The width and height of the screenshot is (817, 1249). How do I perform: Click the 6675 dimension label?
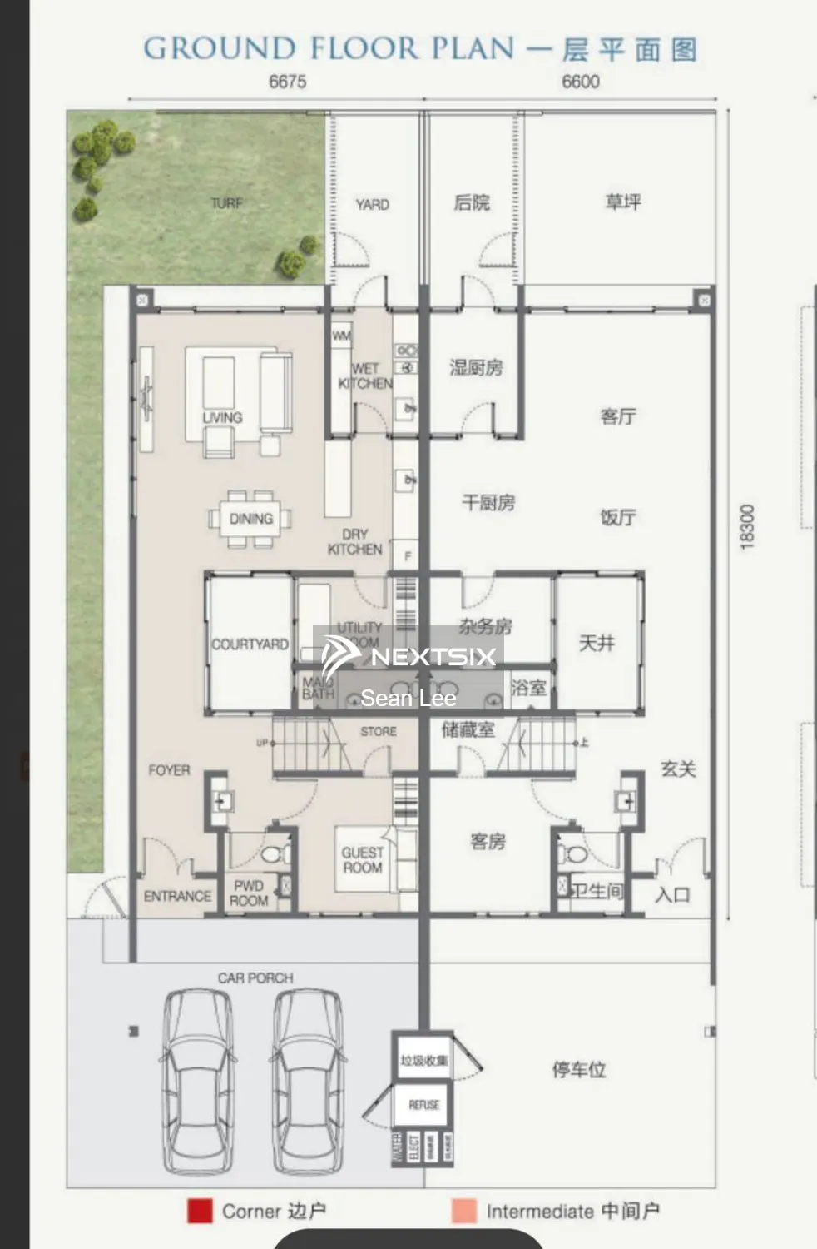(287, 82)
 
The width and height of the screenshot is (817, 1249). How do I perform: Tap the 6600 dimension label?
(580, 82)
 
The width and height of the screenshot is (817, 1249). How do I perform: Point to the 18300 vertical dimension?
(746, 525)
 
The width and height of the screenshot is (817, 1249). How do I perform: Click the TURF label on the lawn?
(226, 203)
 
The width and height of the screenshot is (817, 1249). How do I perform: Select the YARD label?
(372, 204)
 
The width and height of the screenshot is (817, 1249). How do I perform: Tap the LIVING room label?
(222, 417)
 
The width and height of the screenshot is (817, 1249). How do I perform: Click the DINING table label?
(250, 519)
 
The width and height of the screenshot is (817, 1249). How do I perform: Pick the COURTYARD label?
(250, 644)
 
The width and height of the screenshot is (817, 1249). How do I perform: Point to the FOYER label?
(169, 770)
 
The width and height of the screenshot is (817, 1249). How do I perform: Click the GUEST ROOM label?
(362, 860)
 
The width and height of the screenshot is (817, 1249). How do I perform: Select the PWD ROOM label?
(249, 893)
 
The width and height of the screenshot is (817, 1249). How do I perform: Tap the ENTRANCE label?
(177, 896)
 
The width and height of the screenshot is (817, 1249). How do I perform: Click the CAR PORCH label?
(255, 978)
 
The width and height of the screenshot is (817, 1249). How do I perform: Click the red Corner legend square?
(200, 1211)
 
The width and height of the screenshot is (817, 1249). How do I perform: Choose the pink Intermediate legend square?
(463, 1211)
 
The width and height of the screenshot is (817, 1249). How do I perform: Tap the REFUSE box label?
(423, 1105)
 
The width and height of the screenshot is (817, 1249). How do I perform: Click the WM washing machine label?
(341, 336)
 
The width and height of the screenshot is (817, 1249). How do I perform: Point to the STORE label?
(379, 731)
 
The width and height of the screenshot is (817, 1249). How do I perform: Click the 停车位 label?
(579, 1069)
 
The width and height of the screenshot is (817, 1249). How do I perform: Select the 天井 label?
(597, 643)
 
